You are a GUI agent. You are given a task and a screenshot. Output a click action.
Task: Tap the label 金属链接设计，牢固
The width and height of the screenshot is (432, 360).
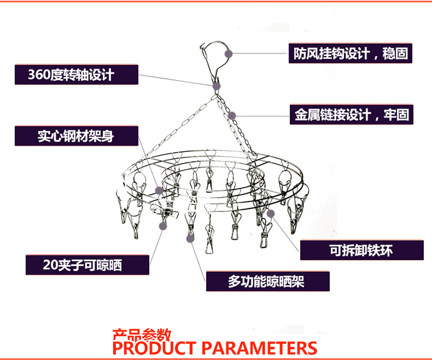(349, 114)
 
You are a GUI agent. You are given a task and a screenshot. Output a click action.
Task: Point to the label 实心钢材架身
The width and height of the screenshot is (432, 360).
(76, 137)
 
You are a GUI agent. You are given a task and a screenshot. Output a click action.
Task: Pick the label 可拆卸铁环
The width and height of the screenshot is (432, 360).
(361, 250)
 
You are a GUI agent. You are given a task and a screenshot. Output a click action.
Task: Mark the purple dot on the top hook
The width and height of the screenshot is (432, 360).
(229, 53)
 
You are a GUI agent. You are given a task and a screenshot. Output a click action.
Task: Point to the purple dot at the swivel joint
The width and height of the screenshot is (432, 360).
(216, 86)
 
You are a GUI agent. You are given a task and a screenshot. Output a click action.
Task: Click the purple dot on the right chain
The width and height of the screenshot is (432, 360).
(232, 115)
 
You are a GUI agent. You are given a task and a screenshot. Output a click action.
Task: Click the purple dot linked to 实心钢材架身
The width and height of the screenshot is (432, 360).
(160, 190)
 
